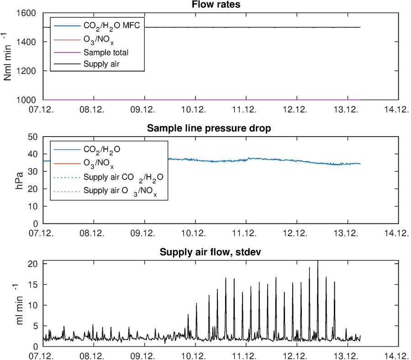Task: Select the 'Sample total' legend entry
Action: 103,53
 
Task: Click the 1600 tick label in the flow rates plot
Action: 28,13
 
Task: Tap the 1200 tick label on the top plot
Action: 28,71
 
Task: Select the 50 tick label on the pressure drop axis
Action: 34,137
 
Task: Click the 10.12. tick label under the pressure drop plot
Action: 195,233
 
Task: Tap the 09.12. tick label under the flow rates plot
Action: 144,109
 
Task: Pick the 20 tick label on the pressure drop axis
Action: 34,189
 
